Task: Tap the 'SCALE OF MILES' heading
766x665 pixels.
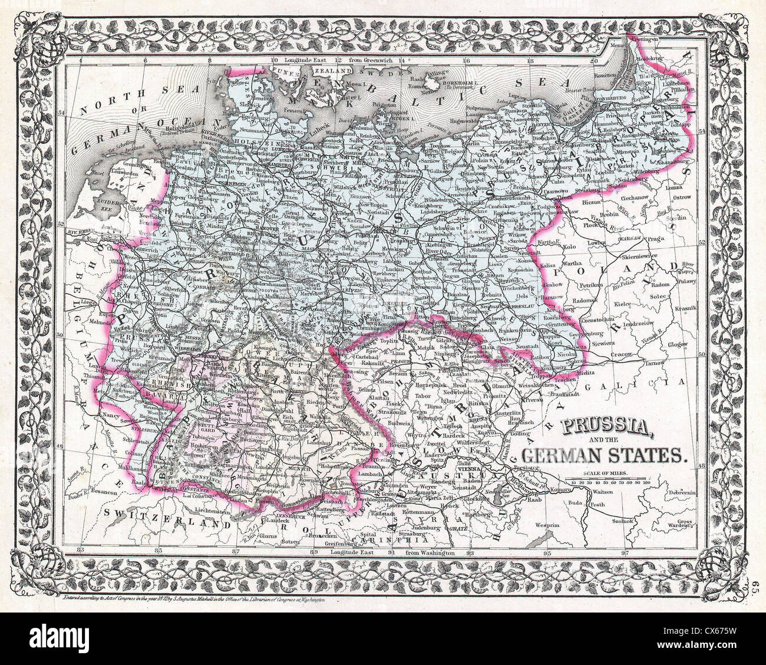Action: [x=610, y=474]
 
